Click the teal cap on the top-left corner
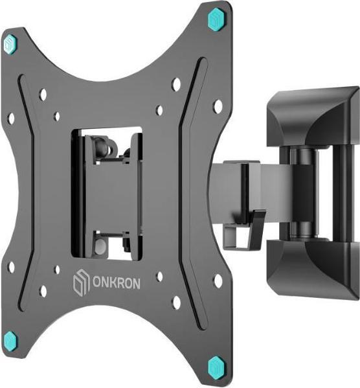pyautogui.click(x=10, y=44)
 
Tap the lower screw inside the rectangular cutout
pyautogui.click(x=102, y=246)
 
